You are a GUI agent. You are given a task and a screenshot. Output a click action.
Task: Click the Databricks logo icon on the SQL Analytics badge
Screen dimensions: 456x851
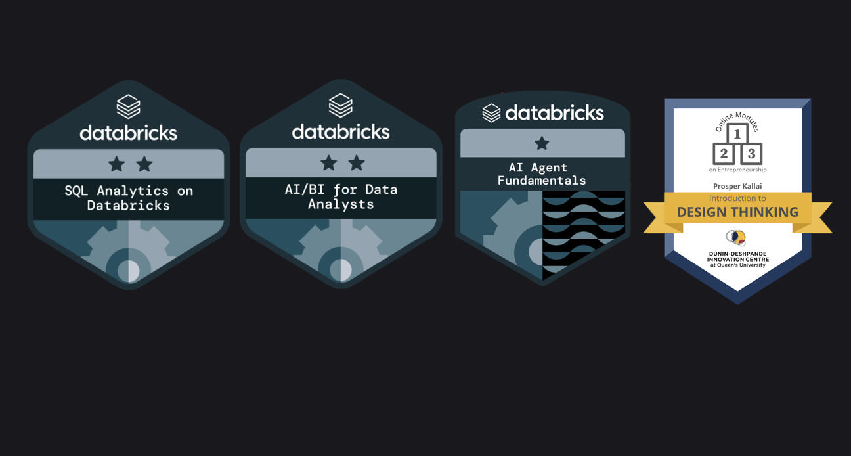pyautogui.click(x=128, y=106)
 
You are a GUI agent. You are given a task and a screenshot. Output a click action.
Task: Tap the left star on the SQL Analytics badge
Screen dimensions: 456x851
pyautogui.click(x=116, y=164)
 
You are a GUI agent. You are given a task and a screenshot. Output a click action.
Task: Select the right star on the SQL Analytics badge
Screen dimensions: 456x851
pyautogui.click(x=144, y=164)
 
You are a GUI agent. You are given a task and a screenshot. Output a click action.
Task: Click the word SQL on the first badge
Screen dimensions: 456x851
pyautogui.click(x=77, y=191)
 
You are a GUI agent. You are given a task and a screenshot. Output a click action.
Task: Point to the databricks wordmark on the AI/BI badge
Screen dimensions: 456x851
pyautogui.click(x=340, y=131)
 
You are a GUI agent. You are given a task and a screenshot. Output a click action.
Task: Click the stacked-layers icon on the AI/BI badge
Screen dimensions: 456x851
pyautogui.click(x=340, y=105)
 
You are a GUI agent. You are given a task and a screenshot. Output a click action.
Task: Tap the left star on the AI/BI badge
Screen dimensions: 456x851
pyautogui.click(x=328, y=163)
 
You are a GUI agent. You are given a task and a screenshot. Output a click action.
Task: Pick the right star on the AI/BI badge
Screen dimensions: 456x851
pyautogui.click(x=356, y=163)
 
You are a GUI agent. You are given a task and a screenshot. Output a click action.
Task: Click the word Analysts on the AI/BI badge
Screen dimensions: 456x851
pyautogui.click(x=341, y=204)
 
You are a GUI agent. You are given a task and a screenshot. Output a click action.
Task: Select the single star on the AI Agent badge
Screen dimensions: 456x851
pyautogui.click(x=542, y=143)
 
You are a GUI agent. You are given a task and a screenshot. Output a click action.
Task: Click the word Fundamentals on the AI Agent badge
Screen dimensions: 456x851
pyautogui.click(x=542, y=181)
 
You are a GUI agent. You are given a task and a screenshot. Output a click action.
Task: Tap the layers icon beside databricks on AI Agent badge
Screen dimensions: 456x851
pyautogui.click(x=491, y=113)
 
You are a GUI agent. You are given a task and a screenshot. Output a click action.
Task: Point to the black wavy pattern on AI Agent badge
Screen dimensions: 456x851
pyautogui.click(x=584, y=230)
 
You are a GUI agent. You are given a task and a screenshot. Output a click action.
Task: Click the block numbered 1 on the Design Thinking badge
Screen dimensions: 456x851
pyautogui.click(x=737, y=135)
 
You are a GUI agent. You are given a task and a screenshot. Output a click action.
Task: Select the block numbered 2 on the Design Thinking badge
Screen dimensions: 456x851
pyautogui.click(x=724, y=154)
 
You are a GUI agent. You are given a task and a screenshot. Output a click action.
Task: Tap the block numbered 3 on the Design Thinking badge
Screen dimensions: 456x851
pyautogui.click(x=751, y=154)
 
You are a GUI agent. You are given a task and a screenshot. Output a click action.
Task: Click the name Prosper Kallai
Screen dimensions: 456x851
pyautogui.click(x=737, y=186)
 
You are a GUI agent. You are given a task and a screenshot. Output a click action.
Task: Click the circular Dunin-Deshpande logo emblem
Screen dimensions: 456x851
pyautogui.click(x=736, y=238)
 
